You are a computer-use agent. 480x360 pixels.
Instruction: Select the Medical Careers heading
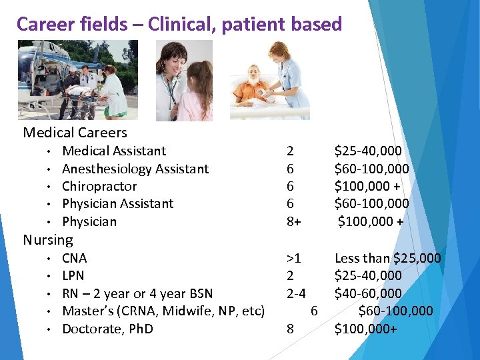(75, 132)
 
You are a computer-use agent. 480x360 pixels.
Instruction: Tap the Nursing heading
(48, 239)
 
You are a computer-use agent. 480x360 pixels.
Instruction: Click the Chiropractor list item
(99, 186)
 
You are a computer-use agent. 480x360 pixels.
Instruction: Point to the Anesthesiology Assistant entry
(135, 169)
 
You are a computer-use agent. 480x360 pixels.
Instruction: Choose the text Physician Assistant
(117, 203)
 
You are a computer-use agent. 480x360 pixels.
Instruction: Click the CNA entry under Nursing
(75, 258)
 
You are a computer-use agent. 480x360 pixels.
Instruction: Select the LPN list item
(73, 275)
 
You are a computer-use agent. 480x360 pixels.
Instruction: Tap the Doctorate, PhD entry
(107, 329)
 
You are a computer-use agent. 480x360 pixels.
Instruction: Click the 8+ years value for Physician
(294, 221)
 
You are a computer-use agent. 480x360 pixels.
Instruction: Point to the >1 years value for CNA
(293, 258)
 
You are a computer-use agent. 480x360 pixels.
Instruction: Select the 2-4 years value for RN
(297, 293)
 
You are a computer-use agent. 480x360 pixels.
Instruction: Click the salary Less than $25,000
(387, 258)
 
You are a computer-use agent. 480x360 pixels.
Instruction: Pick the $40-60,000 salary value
(368, 293)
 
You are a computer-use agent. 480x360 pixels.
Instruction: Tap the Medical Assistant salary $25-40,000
(368, 151)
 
